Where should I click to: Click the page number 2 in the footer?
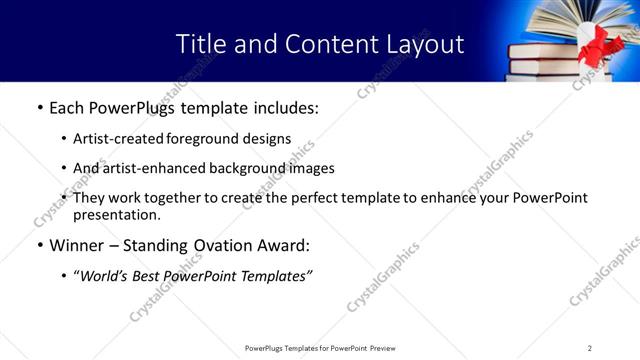click(x=589, y=348)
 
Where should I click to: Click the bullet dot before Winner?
click(x=39, y=246)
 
